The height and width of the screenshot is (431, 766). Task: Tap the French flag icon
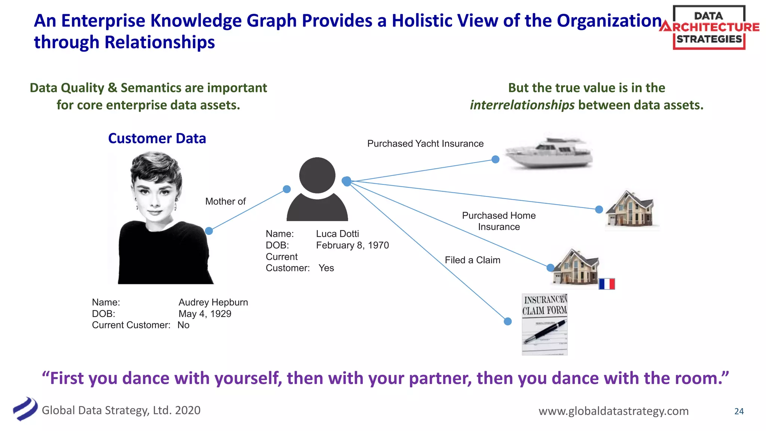pos(607,284)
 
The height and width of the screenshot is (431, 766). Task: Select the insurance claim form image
pos(545,324)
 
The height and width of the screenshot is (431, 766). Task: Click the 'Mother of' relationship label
pos(225,201)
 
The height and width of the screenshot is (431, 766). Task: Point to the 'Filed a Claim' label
pos(472,260)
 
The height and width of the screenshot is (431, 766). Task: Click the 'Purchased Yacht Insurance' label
pos(425,144)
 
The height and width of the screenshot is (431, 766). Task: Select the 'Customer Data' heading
pos(157,138)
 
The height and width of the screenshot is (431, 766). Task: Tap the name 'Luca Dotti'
pos(337,234)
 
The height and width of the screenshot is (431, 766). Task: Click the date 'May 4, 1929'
pos(205,314)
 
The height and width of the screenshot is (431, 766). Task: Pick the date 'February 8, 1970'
pos(352,245)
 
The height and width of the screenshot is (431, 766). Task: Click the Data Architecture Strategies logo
pos(709,28)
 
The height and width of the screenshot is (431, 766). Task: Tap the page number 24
pos(739,411)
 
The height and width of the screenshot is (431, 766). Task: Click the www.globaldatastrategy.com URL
pos(613,411)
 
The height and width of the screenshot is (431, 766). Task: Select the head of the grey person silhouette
pos(317,175)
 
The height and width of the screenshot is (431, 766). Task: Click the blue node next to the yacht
pos(496,159)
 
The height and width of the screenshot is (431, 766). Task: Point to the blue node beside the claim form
pos(508,321)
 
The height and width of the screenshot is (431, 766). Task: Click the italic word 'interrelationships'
pos(522,105)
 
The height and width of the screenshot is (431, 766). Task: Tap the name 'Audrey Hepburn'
pos(213,302)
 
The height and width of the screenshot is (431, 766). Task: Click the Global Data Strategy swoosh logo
pos(25,409)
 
